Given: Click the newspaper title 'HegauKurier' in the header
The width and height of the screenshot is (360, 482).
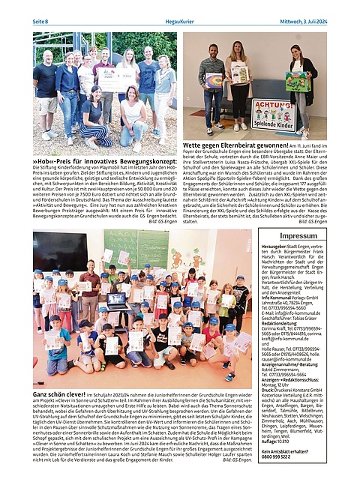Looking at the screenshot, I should (179, 21).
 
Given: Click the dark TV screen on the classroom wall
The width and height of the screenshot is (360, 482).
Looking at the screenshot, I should (59, 251).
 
